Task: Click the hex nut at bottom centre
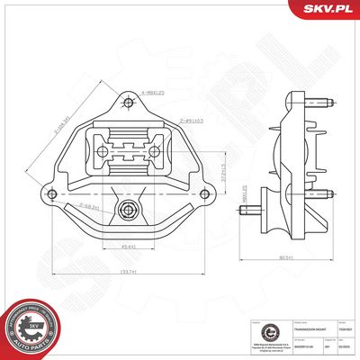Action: click(128, 212)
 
